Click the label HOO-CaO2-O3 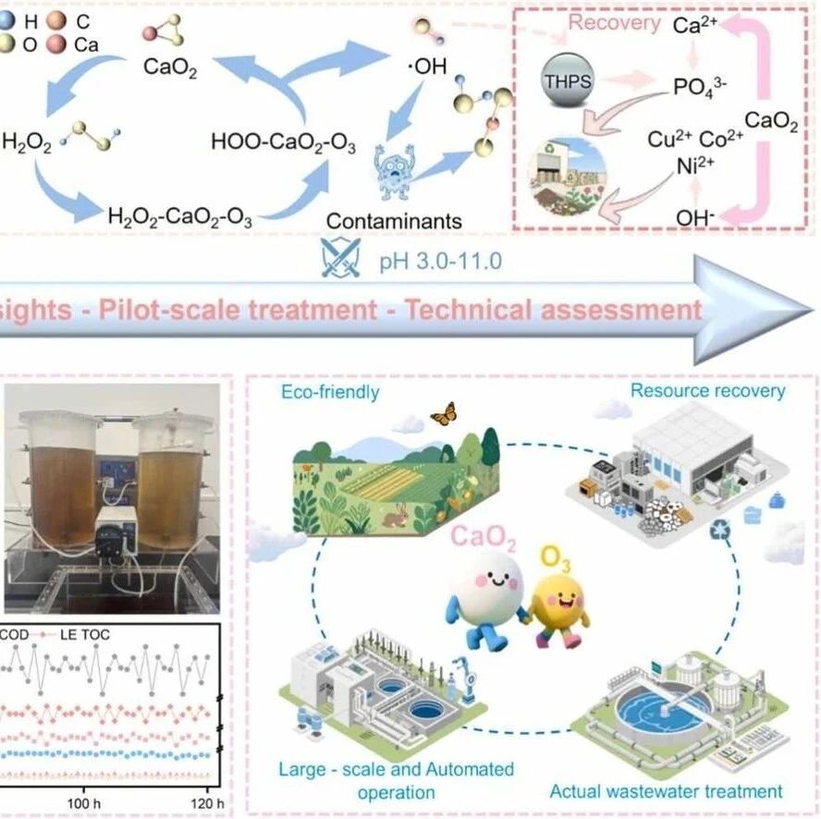coord(283,143)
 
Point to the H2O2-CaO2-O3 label coord(180,217)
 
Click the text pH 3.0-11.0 coord(442,261)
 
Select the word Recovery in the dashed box coord(613,23)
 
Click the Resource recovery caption coord(707,390)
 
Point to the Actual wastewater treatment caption coord(666,791)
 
